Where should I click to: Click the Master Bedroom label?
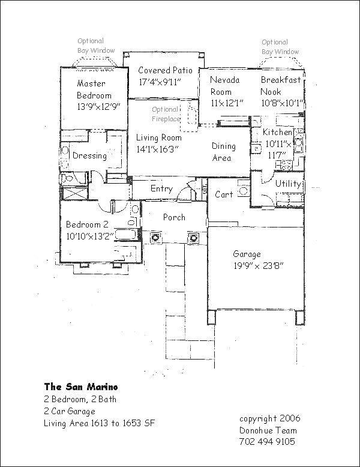click(94, 89)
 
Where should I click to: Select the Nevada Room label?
click(225, 86)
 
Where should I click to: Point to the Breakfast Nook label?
click(281, 86)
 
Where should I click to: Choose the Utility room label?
click(288, 184)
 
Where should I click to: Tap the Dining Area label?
click(224, 152)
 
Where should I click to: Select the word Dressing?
click(89, 156)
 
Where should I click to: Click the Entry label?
click(162, 189)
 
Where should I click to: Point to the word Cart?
click(224, 194)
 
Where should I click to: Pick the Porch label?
click(174, 218)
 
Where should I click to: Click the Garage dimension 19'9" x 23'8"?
click(258, 265)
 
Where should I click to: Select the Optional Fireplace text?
click(165, 114)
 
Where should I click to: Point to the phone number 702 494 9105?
click(267, 442)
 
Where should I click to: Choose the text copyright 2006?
click(270, 418)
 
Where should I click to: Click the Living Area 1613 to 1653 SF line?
click(99, 423)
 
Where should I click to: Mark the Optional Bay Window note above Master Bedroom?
click(95, 46)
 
